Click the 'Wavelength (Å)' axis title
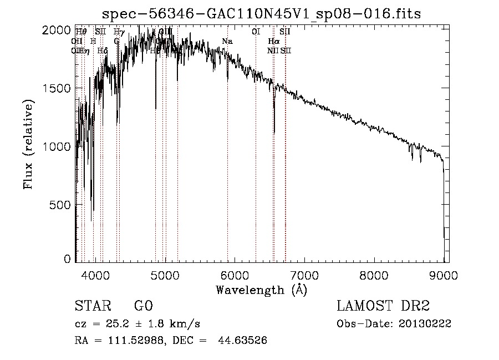pyautogui.click(x=261, y=290)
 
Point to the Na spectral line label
pyautogui.click(x=227, y=42)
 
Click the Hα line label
pyautogui.click(x=273, y=42)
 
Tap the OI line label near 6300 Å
pyautogui.click(x=256, y=32)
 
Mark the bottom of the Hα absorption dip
pyautogui.click(x=274, y=133)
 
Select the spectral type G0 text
pyautogui.click(x=143, y=306)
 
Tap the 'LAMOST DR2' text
pyautogui.click(x=383, y=306)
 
